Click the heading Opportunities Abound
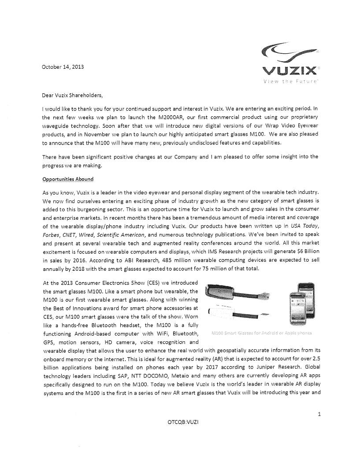pos(68,179)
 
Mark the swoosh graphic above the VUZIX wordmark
pos(289,53)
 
